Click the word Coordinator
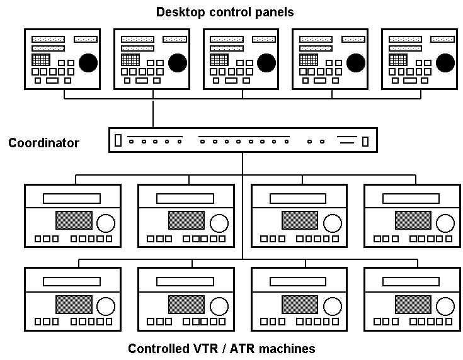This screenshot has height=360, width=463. (x=43, y=143)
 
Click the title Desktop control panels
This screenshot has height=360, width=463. (x=225, y=12)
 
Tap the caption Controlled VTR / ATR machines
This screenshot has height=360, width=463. (x=221, y=348)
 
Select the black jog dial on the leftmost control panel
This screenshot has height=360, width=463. (x=88, y=62)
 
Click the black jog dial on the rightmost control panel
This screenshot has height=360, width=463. (x=445, y=62)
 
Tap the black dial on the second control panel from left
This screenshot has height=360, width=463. (x=177, y=62)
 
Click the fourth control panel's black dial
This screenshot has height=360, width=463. (x=356, y=62)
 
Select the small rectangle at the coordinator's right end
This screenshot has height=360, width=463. (x=365, y=140)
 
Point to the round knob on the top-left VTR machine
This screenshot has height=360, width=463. (x=106, y=223)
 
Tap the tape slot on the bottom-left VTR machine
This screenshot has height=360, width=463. (x=71, y=281)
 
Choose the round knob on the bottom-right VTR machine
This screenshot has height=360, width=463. (x=445, y=306)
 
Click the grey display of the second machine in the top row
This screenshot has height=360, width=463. (x=186, y=220)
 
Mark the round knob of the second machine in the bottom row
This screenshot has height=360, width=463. (x=219, y=306)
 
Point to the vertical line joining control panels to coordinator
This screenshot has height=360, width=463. (x=153, y=113)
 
